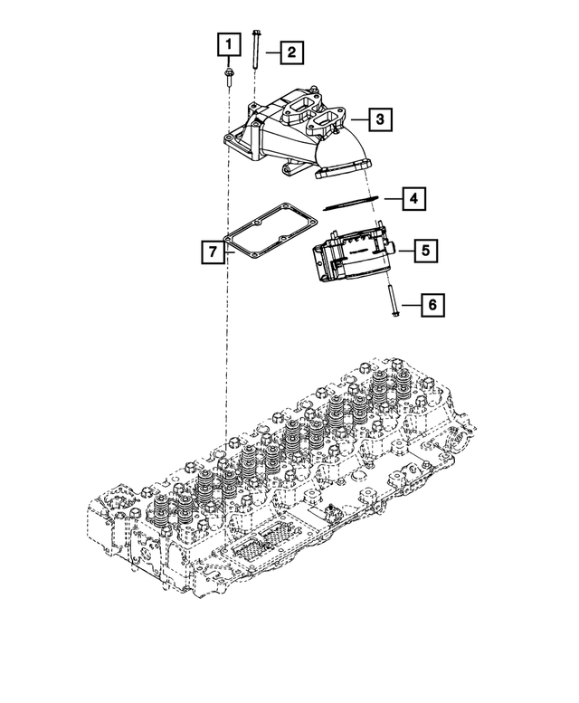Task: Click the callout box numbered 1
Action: pyautogui.click(x=229, y=43)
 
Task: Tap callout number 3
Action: pyautogui.click(x=381, y=119)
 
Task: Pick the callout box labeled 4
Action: pyautogui.click(x=413, y=197)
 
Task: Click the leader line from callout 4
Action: pyautogui.click(x=390, y=198)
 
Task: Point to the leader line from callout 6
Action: pyautogui.click(x=410, y=306)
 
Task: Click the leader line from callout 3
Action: pyautogui.click(x=359, y=119)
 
